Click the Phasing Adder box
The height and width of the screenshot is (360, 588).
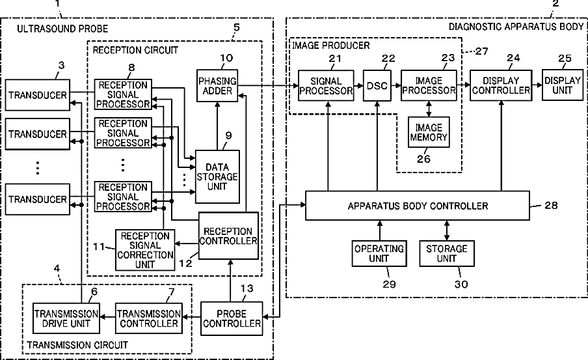217,85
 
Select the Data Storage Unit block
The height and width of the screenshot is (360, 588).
217,177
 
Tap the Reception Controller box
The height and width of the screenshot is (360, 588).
228,236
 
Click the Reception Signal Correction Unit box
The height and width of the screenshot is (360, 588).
145,250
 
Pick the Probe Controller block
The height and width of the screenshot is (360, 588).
232,318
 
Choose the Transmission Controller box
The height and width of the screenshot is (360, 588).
149,318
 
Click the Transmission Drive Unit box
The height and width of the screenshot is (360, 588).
66,318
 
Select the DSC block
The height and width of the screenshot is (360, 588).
377,85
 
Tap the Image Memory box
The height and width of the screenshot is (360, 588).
429,132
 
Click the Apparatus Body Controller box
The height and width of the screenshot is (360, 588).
418,206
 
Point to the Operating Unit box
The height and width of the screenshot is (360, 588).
379,254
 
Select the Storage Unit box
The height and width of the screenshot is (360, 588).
447,254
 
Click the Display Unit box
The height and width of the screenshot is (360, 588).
563,85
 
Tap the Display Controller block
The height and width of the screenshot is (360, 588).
501,85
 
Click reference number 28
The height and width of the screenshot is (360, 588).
551,205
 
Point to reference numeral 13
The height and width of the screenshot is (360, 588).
247,288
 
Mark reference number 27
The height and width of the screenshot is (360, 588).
481,51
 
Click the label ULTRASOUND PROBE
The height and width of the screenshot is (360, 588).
62,29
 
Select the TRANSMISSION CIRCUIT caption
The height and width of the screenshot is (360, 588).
77,344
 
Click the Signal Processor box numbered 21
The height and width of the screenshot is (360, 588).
326,85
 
